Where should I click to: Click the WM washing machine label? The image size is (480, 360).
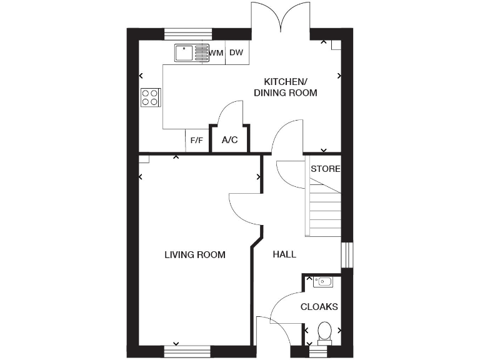click(x=216, y=53)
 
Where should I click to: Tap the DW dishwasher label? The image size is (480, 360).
click(x=236, y=53)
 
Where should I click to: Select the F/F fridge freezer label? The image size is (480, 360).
click(x=196, y=140)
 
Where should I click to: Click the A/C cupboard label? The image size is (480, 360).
click(x=230, y=140)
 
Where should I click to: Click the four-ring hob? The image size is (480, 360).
click(x=150, y=97)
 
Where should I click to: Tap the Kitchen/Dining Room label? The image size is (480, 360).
click(x=285, y=87)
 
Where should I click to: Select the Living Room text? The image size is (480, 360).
click(x=194, y=255)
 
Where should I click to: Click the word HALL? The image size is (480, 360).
click(x=284, y=255)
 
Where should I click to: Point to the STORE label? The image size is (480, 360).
click(x=325, y=169)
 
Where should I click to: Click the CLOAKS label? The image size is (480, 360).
click(x=319, y=307)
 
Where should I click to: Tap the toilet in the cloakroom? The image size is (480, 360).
click(x=324, y=332)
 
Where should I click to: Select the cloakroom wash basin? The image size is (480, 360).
click(x=323, y=282)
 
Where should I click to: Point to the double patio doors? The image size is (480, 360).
click(x=281, y=17)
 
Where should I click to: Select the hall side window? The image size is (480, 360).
click(x=347, y=255)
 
